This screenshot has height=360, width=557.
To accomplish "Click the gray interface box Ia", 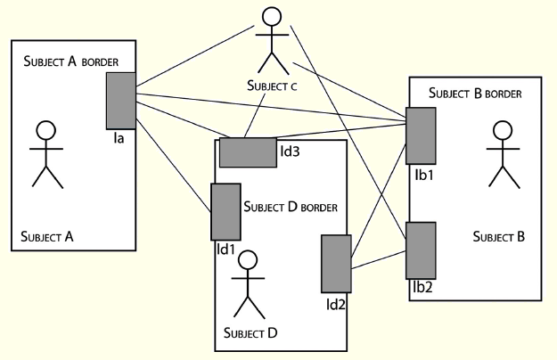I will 119,101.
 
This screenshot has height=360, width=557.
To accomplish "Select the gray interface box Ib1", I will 421,135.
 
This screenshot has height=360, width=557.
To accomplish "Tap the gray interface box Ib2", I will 421,250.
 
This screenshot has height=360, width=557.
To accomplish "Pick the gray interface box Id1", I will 225,211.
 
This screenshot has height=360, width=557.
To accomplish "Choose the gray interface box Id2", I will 335,264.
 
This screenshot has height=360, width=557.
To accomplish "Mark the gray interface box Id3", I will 248,152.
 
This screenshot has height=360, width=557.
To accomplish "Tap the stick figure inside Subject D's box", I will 250,285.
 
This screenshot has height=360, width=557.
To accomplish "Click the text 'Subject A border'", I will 78,61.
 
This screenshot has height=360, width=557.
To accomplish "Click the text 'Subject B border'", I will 474,93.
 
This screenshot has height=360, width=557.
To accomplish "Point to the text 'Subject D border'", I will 290,207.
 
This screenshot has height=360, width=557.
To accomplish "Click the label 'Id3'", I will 290,151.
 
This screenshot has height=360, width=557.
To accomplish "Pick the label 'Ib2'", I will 422,289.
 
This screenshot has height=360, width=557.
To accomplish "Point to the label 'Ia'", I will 118,138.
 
